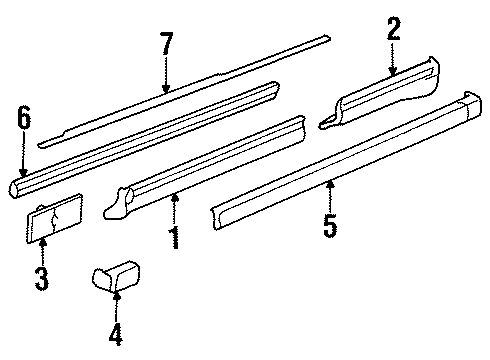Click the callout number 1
click(175, 238)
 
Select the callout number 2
click(394, 29)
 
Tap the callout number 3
click(42, 279)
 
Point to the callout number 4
click(116, 334)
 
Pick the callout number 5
click(330, 226)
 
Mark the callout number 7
click(167, 43)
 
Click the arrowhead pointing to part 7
click(166, 89)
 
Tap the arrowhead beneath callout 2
click(393, 71)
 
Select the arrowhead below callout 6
click(23, 172)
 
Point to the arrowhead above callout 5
click(330, 183)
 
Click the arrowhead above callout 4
click(117, 295)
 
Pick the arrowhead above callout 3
click(43, 242)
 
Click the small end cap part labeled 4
click(116, 277)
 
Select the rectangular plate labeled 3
click(55, 218)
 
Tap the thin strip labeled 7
click(184, 91)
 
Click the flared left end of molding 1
click(117, 204)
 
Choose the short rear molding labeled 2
click(379, 93)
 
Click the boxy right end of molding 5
click(472, 106)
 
